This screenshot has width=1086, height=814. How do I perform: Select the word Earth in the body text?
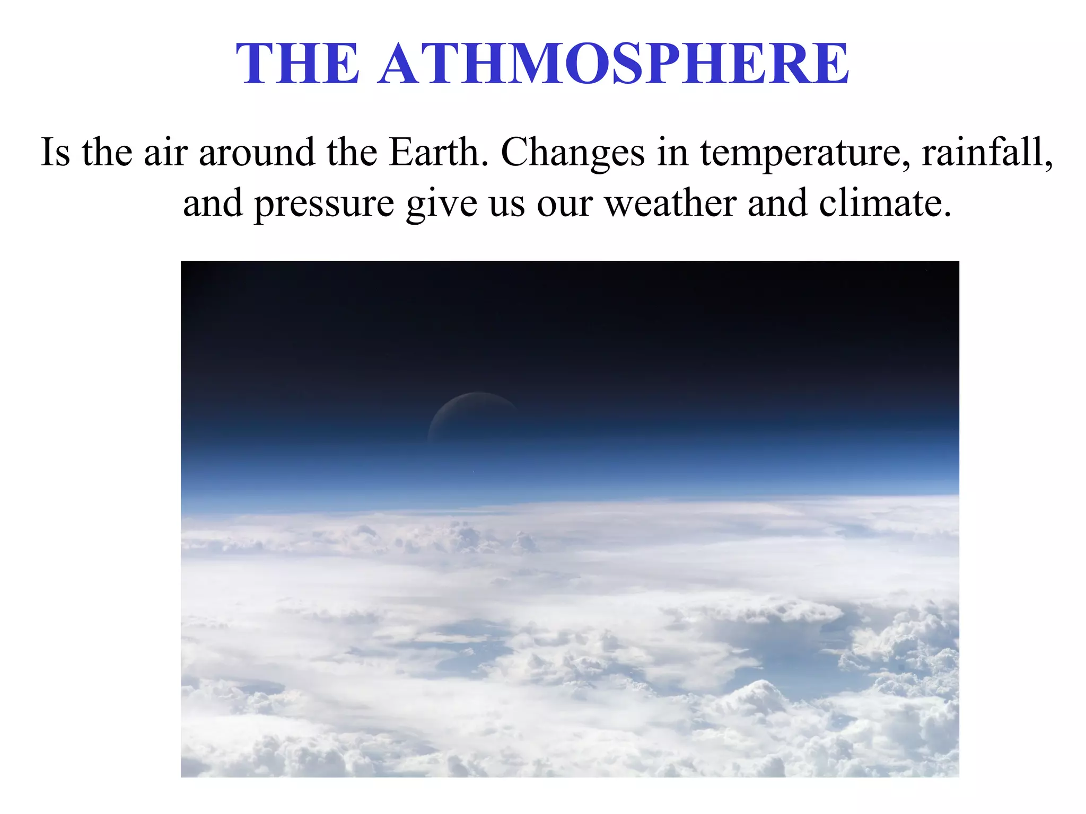pyautogui.click(x=438, y=153)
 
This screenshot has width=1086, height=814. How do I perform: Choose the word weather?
pyautogui.click(x=671, y=203)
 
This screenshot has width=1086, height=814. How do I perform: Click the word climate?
pyautogui.click(x=885, y=203)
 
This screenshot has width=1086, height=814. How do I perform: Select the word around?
pyautogui.click(x=257, y=153)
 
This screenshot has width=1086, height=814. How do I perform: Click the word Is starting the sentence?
pyautogui.click(x=55, y=153)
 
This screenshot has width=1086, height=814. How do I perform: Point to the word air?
pyautogui.click(x=165, y=153)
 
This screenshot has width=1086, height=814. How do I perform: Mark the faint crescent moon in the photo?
pyautogui.click(x=472, y=413)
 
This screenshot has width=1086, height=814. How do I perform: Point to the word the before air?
pyautogui.click(x=107, y=153)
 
